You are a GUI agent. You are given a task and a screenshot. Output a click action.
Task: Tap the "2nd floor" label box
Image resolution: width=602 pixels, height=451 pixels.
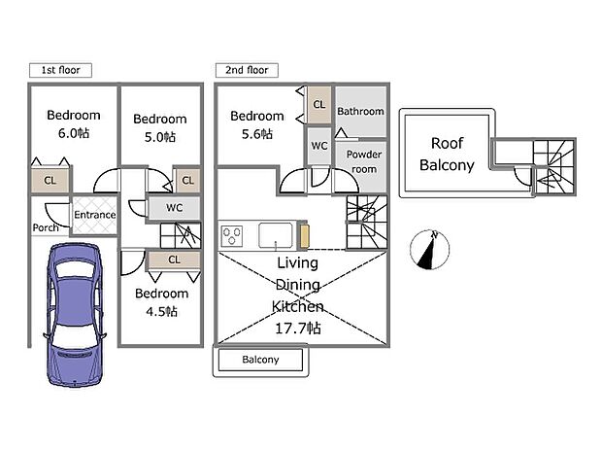[x=247, y=70]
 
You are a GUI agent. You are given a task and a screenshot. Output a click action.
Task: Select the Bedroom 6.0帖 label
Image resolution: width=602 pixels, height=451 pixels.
[x=74, y=123]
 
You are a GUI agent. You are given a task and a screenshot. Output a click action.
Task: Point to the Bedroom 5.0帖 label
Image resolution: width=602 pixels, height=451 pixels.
[x=158, y=128]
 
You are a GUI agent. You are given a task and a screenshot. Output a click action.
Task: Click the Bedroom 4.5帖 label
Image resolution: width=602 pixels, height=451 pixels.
[x=161, y=301]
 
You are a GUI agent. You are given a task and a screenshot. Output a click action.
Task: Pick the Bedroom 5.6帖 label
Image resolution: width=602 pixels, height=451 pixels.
[x=256, y=124]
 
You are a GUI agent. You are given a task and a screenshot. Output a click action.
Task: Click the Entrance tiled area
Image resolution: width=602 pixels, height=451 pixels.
[x=94, y=215]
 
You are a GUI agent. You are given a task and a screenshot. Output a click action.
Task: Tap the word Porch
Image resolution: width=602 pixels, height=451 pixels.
[x=46, y=228]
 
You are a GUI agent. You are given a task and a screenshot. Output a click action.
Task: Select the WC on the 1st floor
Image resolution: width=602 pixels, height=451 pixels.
[x=175, y=208]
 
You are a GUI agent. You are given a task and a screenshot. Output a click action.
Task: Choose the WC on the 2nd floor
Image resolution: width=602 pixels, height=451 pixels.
[x=319, y=147]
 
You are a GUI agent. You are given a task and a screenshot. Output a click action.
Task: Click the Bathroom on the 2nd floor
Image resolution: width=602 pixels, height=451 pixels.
[x=360, y=112]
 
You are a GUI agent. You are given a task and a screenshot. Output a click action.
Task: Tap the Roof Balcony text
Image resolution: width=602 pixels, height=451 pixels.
[x=447, y=154]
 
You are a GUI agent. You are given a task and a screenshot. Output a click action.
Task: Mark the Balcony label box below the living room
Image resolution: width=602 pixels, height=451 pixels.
[x=260, y=360]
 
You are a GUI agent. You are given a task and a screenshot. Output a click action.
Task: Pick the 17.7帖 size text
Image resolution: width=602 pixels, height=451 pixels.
[x=299, y=329]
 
